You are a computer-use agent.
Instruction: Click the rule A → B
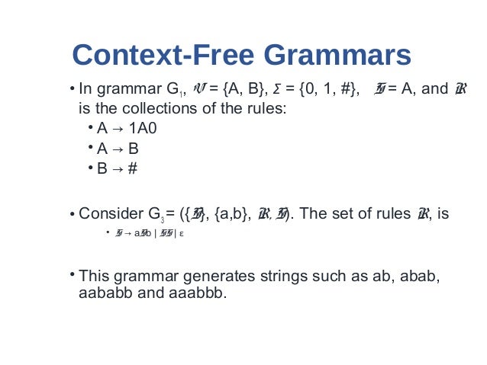pos(118,148)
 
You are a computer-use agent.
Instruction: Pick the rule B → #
pos(118,168)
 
